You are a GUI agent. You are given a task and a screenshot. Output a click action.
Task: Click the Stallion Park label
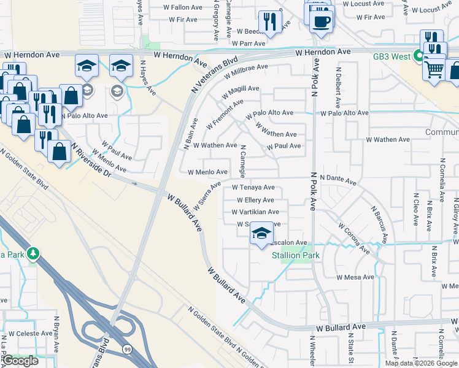tap(296, 255)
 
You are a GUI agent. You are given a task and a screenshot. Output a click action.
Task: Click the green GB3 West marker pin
tap(419, 56)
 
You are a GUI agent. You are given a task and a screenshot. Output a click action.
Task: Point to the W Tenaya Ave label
tap(253, 188)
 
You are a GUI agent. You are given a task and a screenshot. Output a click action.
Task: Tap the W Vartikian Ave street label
tap(255, 212)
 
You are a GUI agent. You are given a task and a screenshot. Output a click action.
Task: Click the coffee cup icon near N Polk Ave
tap(320, 21)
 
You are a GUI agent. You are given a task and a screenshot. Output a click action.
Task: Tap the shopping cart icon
tap(434, 69)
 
